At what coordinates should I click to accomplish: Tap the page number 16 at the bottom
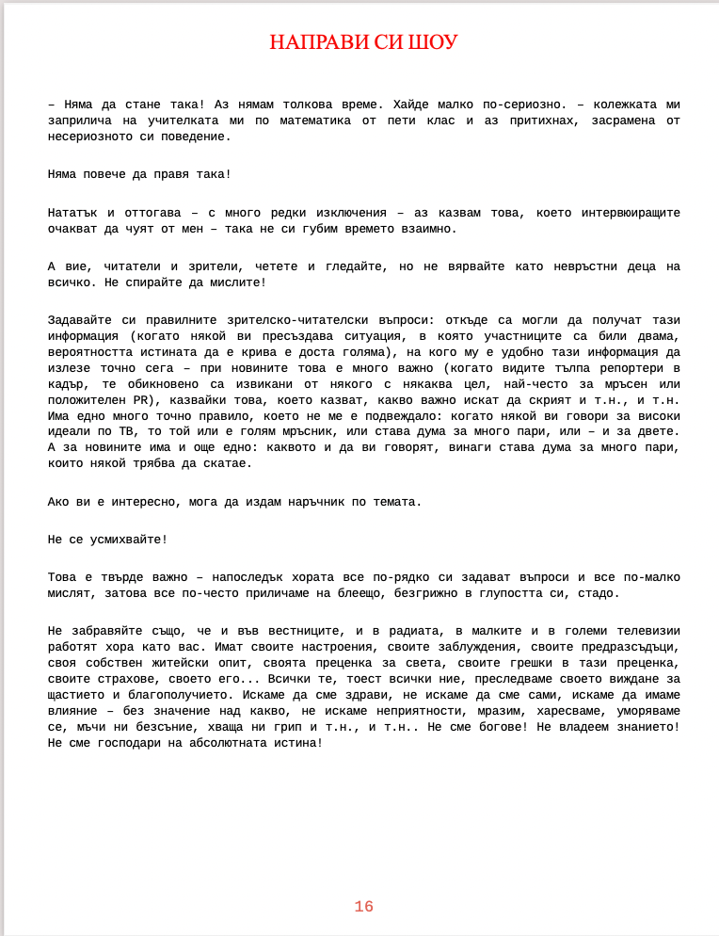[x=364, y=907]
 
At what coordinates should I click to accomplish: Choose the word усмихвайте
[x=120, y=540]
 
